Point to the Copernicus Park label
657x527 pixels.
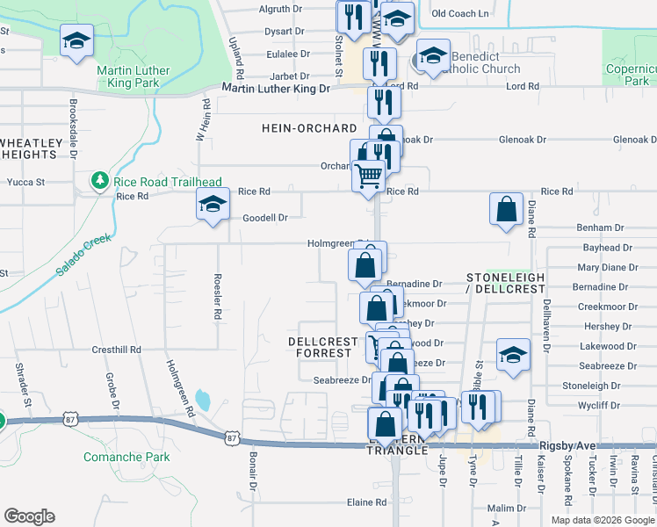631,75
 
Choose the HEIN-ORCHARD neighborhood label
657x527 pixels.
309,128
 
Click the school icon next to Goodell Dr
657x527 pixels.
211,206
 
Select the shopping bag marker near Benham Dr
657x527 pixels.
507,209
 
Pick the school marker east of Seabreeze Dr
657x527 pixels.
513,355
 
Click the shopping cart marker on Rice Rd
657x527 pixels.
368,175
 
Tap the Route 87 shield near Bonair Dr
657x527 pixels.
232,437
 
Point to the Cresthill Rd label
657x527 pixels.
117,350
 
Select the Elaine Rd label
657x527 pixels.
367,502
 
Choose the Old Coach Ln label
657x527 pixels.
460,13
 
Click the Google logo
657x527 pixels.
29,516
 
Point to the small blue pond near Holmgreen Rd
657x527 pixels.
203,401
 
